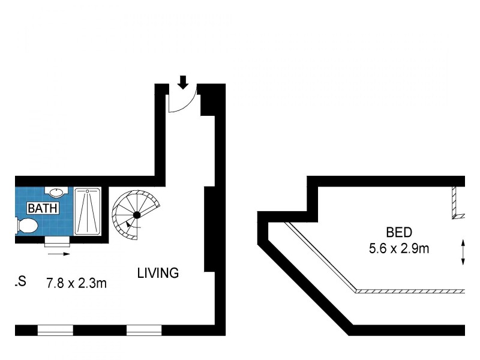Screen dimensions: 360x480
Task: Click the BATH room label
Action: click(x=43, y=209)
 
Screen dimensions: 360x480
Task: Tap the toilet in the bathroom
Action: click(x=27, y=226)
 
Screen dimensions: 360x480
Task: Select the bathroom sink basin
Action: click(x=56, y=193)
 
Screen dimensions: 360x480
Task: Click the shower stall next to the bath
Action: click(x=88, y=211)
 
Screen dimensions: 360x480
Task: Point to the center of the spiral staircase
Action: click(x=137, y=214)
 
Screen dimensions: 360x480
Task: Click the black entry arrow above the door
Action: click(x=182, y=82)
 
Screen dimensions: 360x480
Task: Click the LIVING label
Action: click(x=158, y=273)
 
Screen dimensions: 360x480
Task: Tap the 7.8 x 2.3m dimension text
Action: click(x=77, y=283)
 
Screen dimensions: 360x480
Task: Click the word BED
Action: click(x=399, y=232)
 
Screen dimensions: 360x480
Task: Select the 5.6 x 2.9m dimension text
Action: click(x=399, y=247)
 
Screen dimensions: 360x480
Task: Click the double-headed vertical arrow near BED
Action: click(x=463, y=252)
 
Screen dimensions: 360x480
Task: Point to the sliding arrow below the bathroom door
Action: click(x=59, y=254)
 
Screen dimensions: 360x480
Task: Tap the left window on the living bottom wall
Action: click(x=55, y=329)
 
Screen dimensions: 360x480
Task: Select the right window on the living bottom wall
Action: click(x=144, y=329)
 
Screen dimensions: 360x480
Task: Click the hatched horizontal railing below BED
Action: click(x=410, y=291)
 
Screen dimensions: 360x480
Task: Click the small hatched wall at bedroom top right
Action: click(x=456, y=203)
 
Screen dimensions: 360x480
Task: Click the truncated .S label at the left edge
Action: click(x=20, y=281)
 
